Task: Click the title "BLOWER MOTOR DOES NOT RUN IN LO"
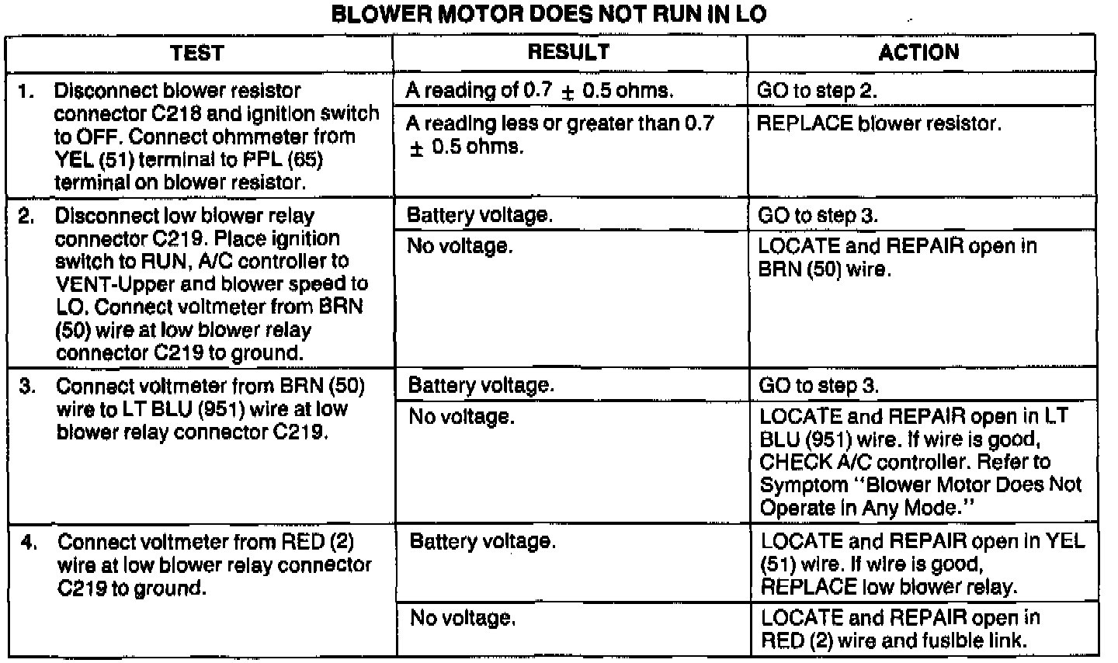(x=548, y=16)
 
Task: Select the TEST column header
(x=197, y=53)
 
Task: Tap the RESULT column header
(x=568, y=52)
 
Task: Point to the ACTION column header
(x=918, y=52)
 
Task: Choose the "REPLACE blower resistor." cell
(x=878, y=123)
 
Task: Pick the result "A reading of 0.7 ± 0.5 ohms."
(x=539, y=91)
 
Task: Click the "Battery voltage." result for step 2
(x=480, y=215)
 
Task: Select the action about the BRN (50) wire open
(x=897, y=258)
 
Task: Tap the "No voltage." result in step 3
(x=461, y=417)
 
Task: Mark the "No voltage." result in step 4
(x=463, y=618)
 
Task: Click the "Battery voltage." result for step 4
(x=482, y=541)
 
